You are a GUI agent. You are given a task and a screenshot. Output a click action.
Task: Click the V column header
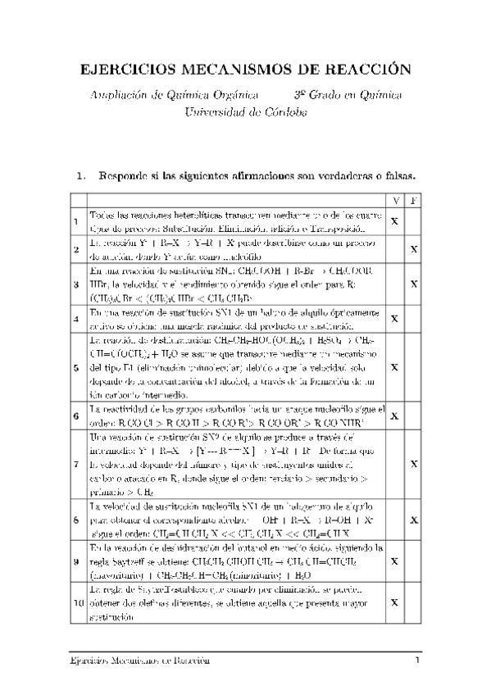pyautogui.click(x=395, y=201)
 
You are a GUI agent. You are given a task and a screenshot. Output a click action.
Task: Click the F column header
pyautogui.click(x=414, y=201)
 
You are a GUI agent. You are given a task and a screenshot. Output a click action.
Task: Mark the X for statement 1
pyautogui.click(x=395, y=221)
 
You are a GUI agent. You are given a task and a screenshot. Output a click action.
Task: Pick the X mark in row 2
pyautogui.click(x=414, y=249)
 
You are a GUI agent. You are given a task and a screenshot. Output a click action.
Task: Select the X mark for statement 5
pyautogui.click(x=395, y=368)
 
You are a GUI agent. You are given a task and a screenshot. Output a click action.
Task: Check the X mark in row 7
pyautogui.click(x=414, y=465)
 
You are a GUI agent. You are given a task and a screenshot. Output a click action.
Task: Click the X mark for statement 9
pyautogui.click(x=395, y=562)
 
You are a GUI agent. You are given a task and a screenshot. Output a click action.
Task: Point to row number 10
pyautogui.click(x=77, y=602)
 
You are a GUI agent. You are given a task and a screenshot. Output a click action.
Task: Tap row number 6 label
pyautogui.click(x=76, y=416)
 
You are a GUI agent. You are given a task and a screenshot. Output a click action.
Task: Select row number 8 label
pyautogui.click(x=76, y=520)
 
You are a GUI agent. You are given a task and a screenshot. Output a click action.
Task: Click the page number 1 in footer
pyautogui.click(x=417, y=661)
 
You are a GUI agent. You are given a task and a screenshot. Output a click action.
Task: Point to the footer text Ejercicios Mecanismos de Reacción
pyautogui.click(x=139, y=661)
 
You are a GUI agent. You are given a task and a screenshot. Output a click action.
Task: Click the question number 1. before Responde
pyautogui.click(x=80, y=175)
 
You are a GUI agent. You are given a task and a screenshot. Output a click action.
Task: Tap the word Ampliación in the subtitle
pyautogui.click(x=120, y=96)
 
